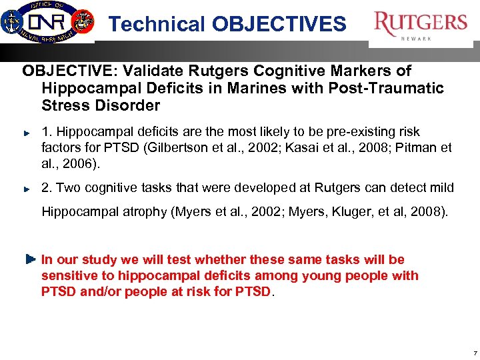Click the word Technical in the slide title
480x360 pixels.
tap(157, 25)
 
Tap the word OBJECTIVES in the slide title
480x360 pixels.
tap(279, 25)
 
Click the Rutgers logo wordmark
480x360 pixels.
tap(421, 23)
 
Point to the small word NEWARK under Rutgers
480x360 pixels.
tap(416, 39)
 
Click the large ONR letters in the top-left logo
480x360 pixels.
tap(51, 19)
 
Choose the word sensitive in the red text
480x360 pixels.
tap(68, 276)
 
